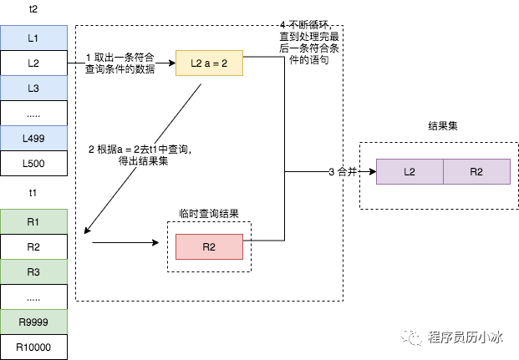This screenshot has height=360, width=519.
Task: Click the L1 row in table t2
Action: coord(33,38)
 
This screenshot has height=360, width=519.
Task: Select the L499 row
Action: coord(33,138)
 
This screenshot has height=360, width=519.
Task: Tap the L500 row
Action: coord(33,163)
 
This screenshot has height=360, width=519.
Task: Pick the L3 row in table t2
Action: coord(33,88)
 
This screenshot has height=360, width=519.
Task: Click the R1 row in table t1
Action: coord(33,221)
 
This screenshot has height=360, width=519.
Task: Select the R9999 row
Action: coord(33,322)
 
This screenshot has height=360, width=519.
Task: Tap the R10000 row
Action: coord(33,347)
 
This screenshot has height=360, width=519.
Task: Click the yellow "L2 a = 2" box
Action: coord(209,63)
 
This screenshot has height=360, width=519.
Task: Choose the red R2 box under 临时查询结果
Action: coord(209,247)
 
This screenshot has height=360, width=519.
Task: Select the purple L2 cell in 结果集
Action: coord(410,171)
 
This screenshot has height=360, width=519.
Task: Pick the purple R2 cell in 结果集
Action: coord(476,171)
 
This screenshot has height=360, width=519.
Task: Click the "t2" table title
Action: coord(33,9)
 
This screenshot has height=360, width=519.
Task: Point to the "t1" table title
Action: coord(33,193)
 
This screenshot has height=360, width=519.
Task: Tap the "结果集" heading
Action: coord(443,126)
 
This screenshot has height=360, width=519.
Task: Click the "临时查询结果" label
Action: coord(209,214)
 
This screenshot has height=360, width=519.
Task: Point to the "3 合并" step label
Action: coord(343,171)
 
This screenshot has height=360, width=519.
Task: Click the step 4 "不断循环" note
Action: coord(309,43)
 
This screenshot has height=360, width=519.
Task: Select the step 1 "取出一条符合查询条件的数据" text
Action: coord(120,63)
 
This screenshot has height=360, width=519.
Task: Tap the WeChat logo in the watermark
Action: coord(411,337)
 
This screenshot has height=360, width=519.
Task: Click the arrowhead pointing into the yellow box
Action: coord(172,63)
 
